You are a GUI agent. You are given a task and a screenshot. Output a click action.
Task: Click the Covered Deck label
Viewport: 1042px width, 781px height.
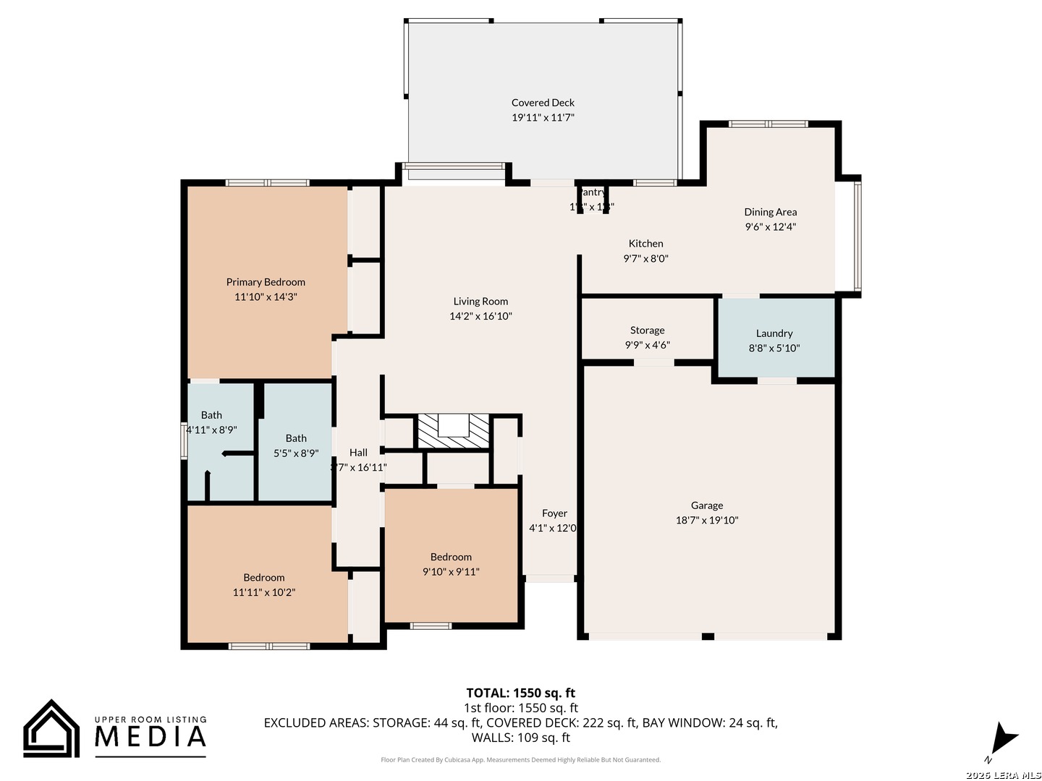coord(543,103)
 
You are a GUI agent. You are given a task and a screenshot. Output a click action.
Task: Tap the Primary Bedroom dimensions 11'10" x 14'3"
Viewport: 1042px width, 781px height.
coord(266,297)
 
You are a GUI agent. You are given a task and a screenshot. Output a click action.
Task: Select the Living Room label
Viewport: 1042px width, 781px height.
coord(480,302)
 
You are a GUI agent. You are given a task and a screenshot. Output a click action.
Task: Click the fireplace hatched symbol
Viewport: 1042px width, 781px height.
coord(454,431)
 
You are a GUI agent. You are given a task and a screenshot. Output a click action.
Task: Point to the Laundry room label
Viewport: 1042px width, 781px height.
coord(774,333)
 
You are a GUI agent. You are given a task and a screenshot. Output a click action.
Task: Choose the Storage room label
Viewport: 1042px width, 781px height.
coord(647,330)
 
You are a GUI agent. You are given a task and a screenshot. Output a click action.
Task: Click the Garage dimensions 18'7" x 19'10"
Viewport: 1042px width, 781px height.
coord(707,521)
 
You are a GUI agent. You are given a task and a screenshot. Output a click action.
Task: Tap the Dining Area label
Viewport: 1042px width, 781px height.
coord(770,212)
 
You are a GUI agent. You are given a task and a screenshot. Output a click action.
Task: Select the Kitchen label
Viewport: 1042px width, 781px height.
coord(645,244)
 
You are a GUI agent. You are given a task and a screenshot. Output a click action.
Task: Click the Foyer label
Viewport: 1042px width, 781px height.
coord(554,513)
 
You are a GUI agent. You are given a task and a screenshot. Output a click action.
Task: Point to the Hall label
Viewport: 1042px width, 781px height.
coord(358,453)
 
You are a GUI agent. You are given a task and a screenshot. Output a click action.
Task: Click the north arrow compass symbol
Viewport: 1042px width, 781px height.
coord(1003,739)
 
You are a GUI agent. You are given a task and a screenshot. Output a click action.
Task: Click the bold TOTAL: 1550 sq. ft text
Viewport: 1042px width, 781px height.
coord(520,693)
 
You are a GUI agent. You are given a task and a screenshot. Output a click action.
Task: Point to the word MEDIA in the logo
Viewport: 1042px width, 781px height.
coord(151,736)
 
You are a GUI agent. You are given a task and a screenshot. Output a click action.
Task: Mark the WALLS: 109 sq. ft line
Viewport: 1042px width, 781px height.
coord(520,738)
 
